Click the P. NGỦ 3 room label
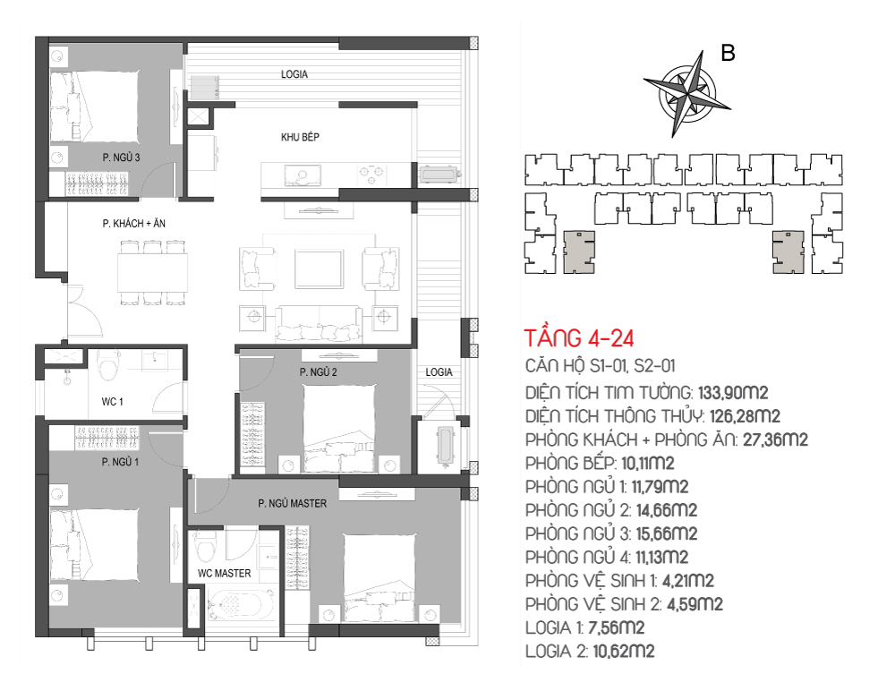[x=121, y=157]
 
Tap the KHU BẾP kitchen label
[x=300, y=137]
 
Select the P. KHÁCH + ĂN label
[x=134, y=223]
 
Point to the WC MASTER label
[x=225, y=573]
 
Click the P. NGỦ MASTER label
[x=293, y=503]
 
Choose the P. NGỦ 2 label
[x=318, y=372]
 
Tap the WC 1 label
[x=113, y=402]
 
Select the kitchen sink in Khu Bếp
[x=302, y=175]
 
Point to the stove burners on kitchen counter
[x=371, y=174]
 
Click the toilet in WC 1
[x=108, y=365]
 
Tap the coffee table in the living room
[x=320, y=269]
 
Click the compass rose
[x=686, y=94]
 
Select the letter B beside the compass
[x=728, y=53]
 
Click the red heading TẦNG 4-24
[x=579, y=338]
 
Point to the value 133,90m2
[x=733, y=393]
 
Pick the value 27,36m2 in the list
[x=775, y=439]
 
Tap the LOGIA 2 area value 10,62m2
[x=623, y=651]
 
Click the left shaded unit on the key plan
[x=579, y=252]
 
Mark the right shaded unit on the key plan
[x=788, y=252]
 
